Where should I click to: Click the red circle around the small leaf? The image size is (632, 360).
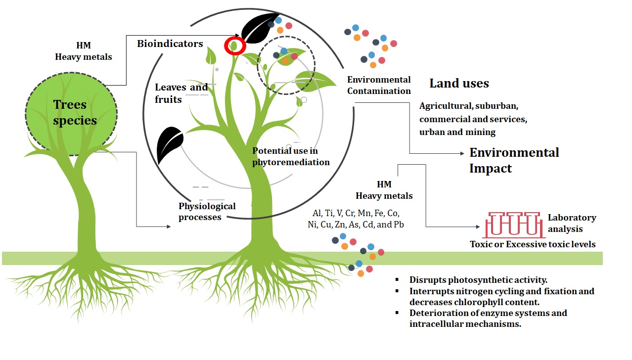pyautogui.click(x=235, y=46)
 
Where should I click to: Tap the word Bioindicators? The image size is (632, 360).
pyautogui.click(x=170, y=44)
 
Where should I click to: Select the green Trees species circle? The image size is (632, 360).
pyautogui.click(x=71, y=113)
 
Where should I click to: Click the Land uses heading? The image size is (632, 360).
pyautogui.click(x=459, y=83)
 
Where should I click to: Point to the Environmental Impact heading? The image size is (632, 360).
pyautogui.click(x=514, y=160)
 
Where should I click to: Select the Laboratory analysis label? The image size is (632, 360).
pyautogui.click(x=571, y=223)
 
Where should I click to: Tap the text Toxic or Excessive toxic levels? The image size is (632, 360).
pyautogui.click(x=533, y=244)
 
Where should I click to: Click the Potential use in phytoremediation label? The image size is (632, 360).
pyautogui.click(x=291, y=156)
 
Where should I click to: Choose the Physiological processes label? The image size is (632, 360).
pyautogui.click(x=207, y=211)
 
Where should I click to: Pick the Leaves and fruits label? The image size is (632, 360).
pyautogui.click(x=181, y=93)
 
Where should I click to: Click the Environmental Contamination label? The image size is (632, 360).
pyautogui.click(x=379, y=85)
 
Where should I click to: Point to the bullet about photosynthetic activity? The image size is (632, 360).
pyautogui.click(x=478, y=279)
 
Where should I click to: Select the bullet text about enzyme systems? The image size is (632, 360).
pyautogui.click(x=488, y=318)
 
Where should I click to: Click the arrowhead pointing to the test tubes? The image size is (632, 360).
pyautogui.click(x=477, y=227)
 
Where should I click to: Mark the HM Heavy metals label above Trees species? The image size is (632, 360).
pyautogui.click(x=84, y=51)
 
